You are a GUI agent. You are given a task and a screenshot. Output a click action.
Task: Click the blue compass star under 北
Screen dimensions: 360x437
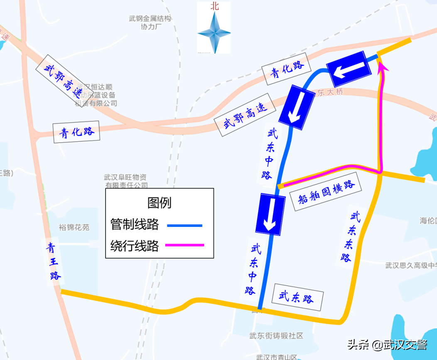coord(214,33)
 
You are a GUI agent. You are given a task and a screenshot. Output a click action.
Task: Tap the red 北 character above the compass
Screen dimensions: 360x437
coord(214,6)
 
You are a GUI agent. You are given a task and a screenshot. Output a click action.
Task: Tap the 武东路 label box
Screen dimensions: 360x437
coord(297,297)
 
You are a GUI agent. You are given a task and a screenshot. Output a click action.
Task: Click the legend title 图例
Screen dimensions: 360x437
coord(159,203)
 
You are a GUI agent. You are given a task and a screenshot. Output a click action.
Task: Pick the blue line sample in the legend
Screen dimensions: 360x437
coord(184,225)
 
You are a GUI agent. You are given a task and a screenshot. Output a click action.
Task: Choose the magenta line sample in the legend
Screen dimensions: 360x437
coord(184,245)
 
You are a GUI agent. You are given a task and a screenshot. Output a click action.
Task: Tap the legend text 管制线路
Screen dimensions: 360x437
coord(135,225)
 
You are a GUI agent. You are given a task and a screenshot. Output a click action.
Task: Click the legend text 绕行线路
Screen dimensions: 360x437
coord(135,246)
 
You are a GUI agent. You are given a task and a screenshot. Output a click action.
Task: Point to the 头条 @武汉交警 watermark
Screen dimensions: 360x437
coord(387,345)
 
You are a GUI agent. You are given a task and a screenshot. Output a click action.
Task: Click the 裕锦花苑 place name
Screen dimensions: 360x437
coord(74,227)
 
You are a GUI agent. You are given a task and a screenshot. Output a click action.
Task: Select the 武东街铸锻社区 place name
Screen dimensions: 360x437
coord(276,336)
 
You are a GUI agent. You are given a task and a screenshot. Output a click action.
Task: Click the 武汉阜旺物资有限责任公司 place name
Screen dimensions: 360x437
coord(125,181)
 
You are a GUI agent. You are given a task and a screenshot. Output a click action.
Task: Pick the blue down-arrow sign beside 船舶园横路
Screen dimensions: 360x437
coord(270,213)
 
